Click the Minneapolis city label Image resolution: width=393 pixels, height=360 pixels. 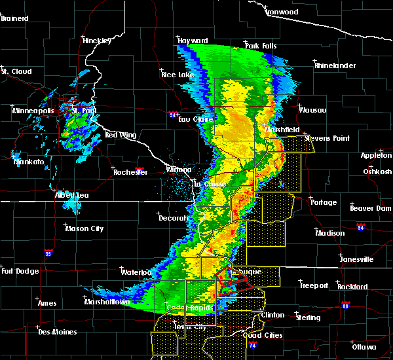[x=33, y=111]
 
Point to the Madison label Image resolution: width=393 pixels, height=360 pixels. [x=329, y=233]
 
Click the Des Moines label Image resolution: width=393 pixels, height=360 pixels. [x=57, y=332]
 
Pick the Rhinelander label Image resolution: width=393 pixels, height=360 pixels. [x=334, y=65]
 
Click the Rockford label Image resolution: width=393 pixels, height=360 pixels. [x=352, y=287]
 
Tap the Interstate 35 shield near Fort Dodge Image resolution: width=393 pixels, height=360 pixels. [x=48, y=252]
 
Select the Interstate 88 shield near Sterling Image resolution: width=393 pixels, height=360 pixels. [x=346, y=304]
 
